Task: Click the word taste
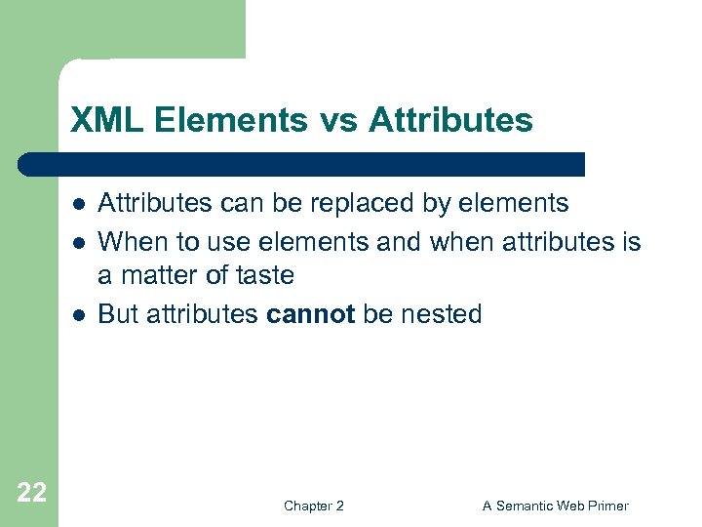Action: (262, 275)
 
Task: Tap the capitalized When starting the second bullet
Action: (131, 240)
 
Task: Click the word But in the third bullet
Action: (120, 314)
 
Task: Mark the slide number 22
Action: (31, 493)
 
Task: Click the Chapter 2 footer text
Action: (313, 506)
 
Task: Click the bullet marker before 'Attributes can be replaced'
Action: (76, 205)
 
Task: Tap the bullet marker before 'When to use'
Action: (76, 242)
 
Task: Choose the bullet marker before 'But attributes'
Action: (76, 315)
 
